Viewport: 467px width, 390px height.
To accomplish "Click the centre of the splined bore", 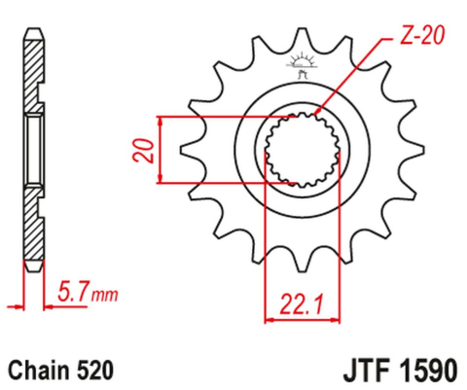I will (303, 149).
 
